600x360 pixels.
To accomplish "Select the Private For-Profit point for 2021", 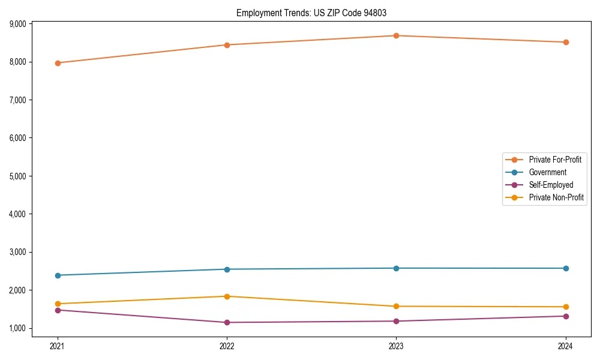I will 58,63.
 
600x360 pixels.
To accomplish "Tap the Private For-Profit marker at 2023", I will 396,36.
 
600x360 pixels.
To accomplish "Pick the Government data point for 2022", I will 227,269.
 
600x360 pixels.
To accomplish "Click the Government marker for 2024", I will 566,268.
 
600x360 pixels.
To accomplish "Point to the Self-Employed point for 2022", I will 227,323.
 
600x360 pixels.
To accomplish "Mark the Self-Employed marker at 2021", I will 58,310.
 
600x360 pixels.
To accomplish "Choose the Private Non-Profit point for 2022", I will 227,296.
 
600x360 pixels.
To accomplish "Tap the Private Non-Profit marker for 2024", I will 566,307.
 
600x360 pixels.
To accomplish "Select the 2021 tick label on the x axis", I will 58,346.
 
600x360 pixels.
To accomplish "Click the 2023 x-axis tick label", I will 396,346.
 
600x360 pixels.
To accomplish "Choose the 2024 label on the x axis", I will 566,346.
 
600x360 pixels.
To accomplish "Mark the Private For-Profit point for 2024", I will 566,43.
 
